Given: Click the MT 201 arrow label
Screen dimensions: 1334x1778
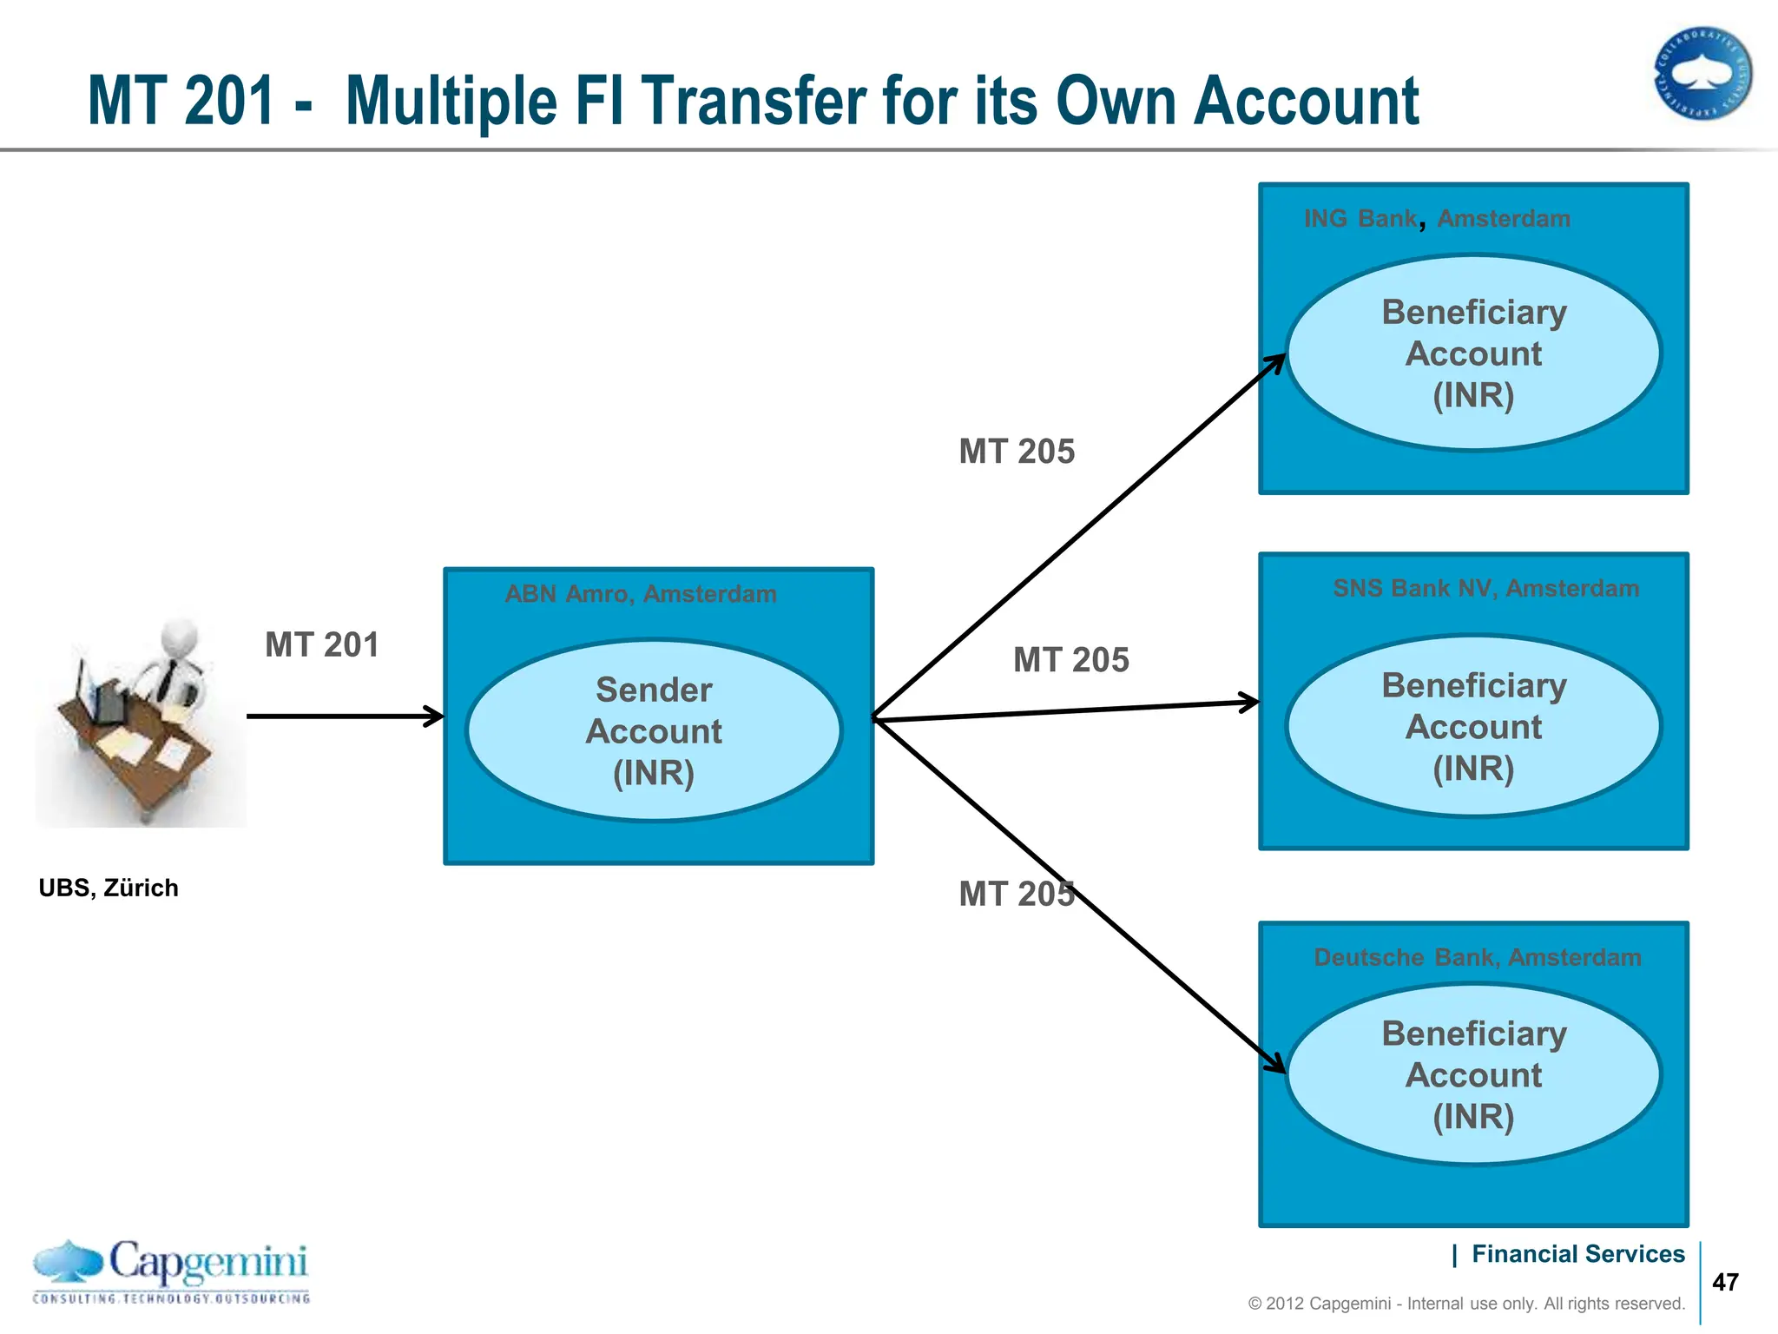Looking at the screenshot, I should click(322, 645).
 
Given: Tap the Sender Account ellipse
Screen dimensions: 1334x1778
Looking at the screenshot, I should click(654, 730).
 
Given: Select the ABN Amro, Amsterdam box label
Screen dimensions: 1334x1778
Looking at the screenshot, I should click(641, 594).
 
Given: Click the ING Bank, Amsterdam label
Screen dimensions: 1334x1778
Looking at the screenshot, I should click(1437, 219).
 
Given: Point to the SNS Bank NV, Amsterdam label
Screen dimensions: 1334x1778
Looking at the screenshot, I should click(1485, 588).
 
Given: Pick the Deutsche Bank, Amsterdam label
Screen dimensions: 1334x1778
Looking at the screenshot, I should click(1477, 957).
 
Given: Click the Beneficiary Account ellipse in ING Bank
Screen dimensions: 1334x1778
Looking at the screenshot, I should click(1473, 353).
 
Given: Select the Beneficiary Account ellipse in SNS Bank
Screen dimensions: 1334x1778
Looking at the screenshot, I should click(1473, 726).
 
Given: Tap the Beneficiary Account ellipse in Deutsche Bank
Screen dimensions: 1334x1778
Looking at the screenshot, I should click(1473, 1074).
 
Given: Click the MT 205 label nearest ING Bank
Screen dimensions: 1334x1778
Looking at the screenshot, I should click(1017, 452).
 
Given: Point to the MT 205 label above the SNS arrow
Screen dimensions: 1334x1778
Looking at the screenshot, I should click(1070, 660).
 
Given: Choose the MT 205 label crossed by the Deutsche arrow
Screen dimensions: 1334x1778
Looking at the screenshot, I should click(1017, 894).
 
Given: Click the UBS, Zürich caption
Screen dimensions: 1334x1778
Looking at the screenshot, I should click(109, 888).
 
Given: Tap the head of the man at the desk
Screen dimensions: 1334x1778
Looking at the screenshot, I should click(181, 637).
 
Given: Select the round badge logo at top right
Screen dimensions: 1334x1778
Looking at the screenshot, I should click(1702, 73).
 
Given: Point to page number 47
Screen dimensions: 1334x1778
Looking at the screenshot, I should click(1725, 1282).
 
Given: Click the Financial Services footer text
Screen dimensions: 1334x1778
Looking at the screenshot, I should click(1577, 1254).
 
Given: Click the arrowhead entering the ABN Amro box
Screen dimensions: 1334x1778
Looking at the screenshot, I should click(434, 717).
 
